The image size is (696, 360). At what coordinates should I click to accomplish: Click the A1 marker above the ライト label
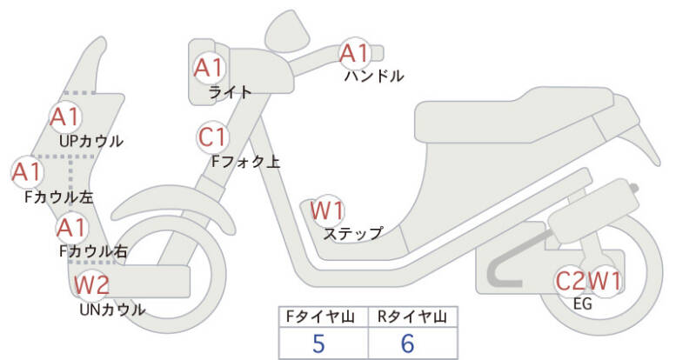[209, 67]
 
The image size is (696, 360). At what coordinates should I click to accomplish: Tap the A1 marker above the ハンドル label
[355, 54]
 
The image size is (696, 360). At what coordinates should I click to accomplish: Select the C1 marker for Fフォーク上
[211, 137]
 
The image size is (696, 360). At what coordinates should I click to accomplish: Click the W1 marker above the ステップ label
[327, 210]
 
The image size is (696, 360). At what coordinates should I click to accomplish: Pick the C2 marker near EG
[572, 281]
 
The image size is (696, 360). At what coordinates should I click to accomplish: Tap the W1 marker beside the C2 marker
[605, 281]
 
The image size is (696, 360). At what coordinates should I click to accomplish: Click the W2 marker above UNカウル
[90, 283]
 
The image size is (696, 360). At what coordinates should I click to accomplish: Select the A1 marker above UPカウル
[64, 116]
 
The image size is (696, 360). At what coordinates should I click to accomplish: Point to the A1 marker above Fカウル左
[26, 171]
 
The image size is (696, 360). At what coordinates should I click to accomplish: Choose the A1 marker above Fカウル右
[70, 229]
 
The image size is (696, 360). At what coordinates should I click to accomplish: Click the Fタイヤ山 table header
[323, 315]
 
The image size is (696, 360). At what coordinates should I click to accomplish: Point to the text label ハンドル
[374, 76]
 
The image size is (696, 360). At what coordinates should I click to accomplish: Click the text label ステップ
[352, 233]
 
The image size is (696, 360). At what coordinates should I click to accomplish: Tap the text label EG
[584, 303]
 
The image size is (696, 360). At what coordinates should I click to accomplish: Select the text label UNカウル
[112, 309]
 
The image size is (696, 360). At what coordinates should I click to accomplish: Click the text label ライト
[231, 91]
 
